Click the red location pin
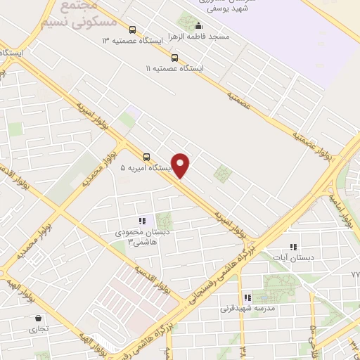pyautogui.click(x=181, y=165)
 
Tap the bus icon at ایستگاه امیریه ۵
pyautogui.click(x=146, y=157)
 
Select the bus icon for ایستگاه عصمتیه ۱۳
pyautogui.click(x=134, y=30)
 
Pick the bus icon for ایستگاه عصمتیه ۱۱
pyautogui.click(x=174, y=58)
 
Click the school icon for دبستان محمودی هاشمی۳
pyautogui.click(x=142, y=221)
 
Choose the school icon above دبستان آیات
pyautogui.click(x=294, y=247)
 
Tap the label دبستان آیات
pyautogui.click(x=293, y=258)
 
